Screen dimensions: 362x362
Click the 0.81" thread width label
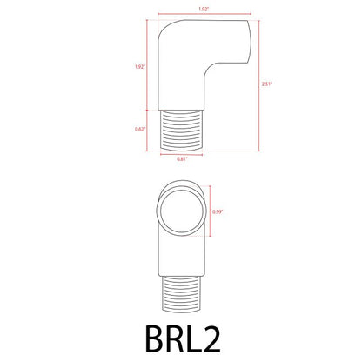(x=181, y=159)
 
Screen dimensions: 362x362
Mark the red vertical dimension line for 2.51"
(x=258, y=84)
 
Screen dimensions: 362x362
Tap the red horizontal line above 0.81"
(x=180, y=153)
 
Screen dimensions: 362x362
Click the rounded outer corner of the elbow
(x=164, y=29)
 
